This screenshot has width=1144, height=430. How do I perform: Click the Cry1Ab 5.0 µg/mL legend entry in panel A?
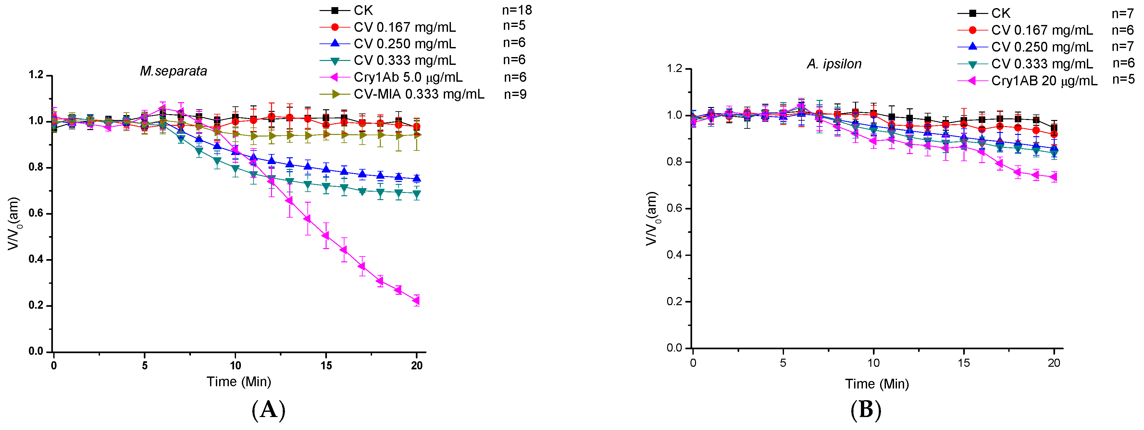(x=408, y=77)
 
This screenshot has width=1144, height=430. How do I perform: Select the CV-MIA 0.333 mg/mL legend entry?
(x=418, y=94)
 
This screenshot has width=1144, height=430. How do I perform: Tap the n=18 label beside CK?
(x=516, y=10)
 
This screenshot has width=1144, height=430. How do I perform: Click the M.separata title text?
(x=173, y=71)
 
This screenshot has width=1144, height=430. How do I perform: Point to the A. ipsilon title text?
(x=834, y=64)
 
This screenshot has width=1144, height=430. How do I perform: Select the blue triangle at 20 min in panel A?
(x=417, y=178)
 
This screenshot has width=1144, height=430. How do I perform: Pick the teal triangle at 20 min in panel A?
(x=417, y=194)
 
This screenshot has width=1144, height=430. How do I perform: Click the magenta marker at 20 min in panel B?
(x=1053, y=177)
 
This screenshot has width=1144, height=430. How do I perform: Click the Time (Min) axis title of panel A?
(x=239, y=382)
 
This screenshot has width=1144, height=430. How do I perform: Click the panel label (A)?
(x=268, y=410)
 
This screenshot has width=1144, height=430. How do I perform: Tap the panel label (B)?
(x=865, y=410)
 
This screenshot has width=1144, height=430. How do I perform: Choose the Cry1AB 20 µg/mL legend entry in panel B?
(x=1044, y=81)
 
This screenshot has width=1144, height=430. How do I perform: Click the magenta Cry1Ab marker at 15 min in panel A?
(x=326, y=235)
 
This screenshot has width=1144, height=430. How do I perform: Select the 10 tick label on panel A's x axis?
(x=235, y=366)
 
